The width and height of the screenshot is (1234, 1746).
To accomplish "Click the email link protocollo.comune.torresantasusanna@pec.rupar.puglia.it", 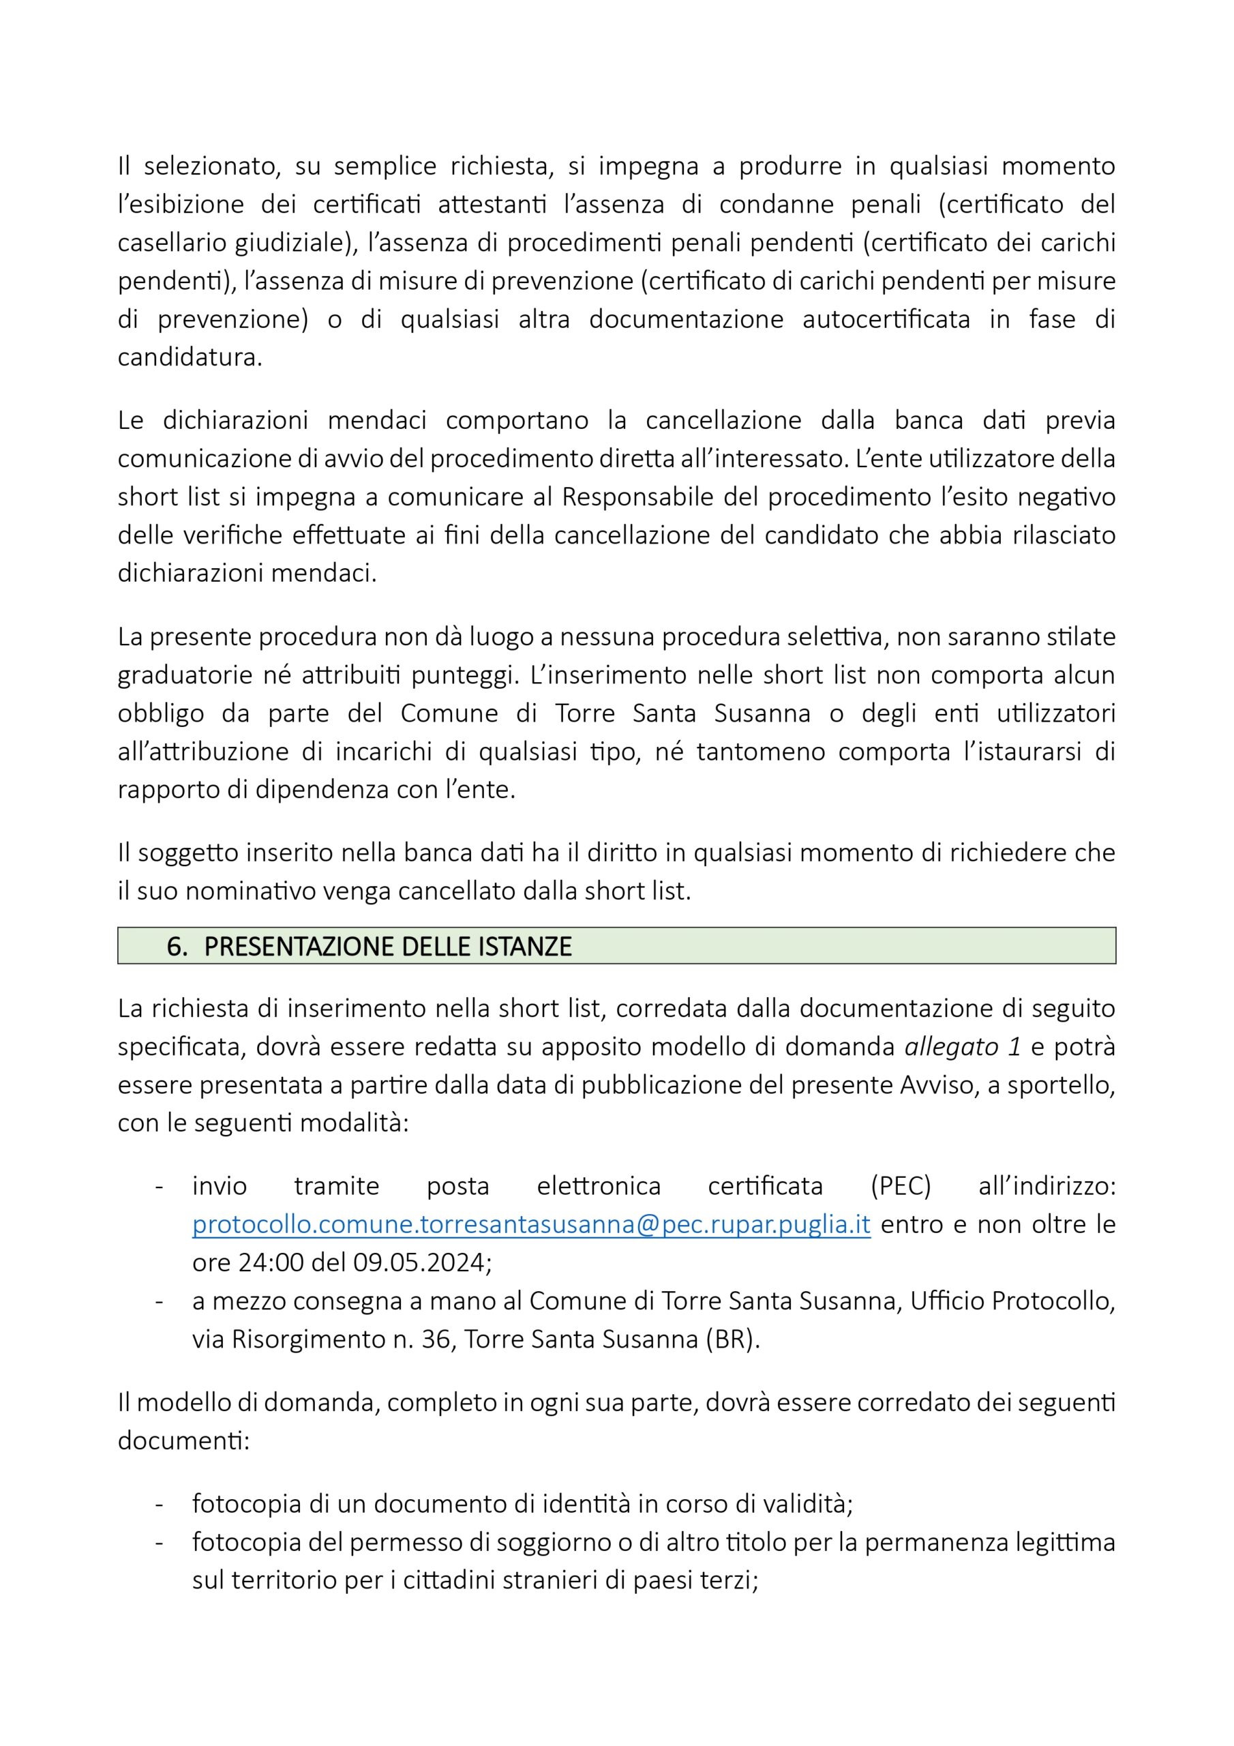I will [530, 1224].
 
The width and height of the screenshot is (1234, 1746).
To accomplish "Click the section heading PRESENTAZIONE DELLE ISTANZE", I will [388, 946].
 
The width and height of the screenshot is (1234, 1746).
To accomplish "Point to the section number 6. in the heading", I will [177, 946].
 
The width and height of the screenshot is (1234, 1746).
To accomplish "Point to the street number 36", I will [436, 1338].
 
